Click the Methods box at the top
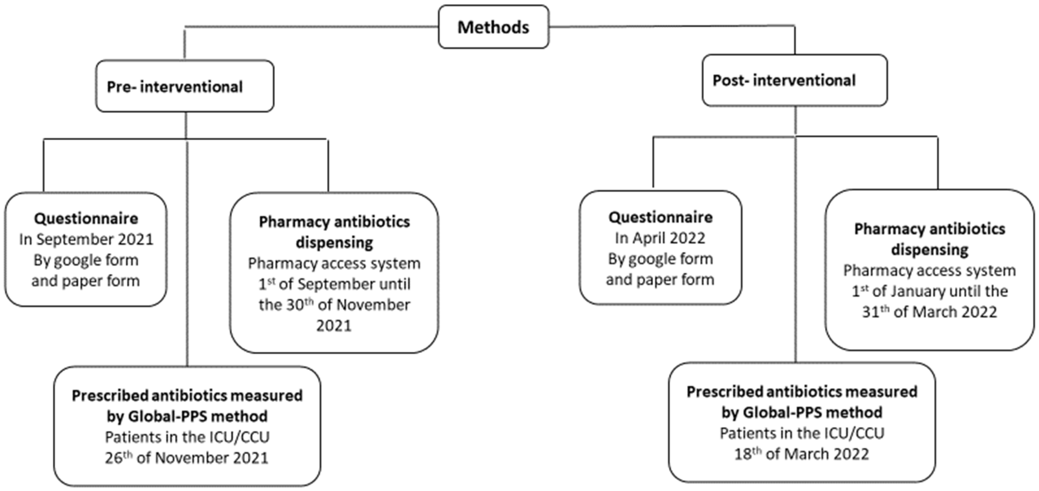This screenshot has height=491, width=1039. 493,27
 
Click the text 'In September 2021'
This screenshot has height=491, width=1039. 86,239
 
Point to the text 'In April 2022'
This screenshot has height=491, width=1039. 660,238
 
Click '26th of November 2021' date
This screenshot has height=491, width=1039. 187,458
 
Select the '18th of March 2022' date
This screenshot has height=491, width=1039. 801,454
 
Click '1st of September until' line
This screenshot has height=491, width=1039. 334,284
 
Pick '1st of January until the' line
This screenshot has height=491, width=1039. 929,291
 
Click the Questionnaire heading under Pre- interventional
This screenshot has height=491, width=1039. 86,218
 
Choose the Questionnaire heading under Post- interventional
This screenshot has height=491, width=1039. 660,217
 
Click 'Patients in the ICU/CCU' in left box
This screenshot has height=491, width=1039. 187,437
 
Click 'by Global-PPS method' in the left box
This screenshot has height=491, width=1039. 187,416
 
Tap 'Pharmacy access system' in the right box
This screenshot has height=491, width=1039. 929,270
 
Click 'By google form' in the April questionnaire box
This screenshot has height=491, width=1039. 660,259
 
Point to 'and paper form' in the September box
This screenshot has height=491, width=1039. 86,280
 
